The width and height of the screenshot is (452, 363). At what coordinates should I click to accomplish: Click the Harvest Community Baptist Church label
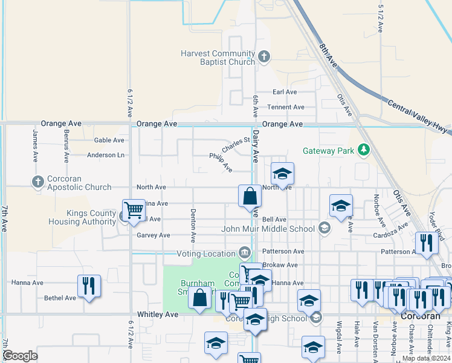point(218,57)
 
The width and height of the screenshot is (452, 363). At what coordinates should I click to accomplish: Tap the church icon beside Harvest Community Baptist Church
point(263,57)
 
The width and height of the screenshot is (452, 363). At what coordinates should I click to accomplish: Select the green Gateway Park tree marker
point(363,149)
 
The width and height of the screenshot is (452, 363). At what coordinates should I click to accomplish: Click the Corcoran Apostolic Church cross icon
point(38,181)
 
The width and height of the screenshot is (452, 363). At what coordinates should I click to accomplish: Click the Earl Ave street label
point(285,92)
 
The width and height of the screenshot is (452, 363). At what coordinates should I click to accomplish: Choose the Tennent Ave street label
point(286,107)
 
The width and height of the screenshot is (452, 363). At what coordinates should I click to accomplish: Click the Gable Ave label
point(109,140)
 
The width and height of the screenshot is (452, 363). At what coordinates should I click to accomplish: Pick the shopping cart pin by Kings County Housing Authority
point(133,211)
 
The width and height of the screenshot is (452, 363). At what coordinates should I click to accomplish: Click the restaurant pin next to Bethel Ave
point(88,286)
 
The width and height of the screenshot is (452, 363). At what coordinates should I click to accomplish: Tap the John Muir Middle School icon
point(324,228)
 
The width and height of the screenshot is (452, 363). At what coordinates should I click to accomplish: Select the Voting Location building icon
point(244,252)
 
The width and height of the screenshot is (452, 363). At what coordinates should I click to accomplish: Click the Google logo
point(20,356)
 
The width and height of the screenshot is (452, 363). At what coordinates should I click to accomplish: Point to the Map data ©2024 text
point(425,358)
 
